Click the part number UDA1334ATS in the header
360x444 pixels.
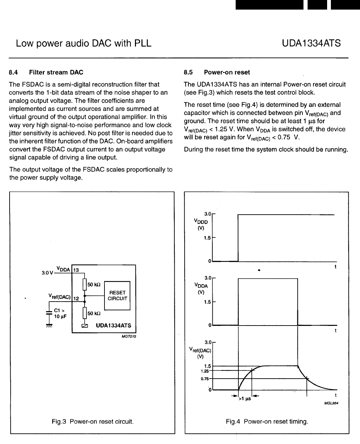pyautogui.click(x=311, y=43)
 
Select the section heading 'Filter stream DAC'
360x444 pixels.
pyautogui.click(x=56, y=72)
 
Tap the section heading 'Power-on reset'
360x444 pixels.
pyautogui.click(x=227, y=72)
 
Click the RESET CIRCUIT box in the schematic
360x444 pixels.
pyautogui.click(x=117, y=295)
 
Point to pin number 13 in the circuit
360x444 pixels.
pyautogui.click(x=76, y=270)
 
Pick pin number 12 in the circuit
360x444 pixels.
pyautogui.click(x=76, y=298)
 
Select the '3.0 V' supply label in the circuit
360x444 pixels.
pyautogui.click(x=47, y=273)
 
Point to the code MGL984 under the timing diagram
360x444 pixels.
pyautogui.click(x=331, y=403)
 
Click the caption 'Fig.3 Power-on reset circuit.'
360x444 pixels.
pyautogui.click(x=92, y=421)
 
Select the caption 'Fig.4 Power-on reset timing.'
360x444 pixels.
pyautogui.click(x=267, y=421)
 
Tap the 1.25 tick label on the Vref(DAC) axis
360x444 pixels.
pyautogui.click(x=205, y=371)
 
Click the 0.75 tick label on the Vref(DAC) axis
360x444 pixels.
pyautogui.click(x=205, y=379)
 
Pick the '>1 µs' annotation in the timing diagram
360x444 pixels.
pyautogui.click(x=245, y=399)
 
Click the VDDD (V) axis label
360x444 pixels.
pyautogui.click(x=201, y=224)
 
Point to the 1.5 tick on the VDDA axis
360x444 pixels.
pyautogui.click(x=207, y=302)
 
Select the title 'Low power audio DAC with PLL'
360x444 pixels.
pyautogui.click(x=84, y=43)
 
